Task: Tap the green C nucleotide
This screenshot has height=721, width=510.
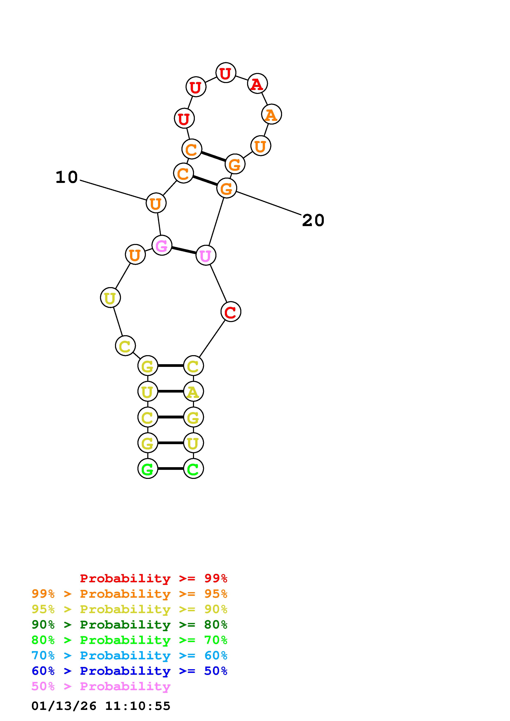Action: [x=193, y=469]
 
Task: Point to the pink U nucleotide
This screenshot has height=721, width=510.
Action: [x=206, y=255]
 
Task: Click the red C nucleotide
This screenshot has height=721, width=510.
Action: [x=231, y=312]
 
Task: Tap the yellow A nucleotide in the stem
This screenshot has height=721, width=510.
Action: [x=193, y=392]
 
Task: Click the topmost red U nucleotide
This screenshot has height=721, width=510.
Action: [x=226, y=73]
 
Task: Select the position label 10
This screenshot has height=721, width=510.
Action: [x=67, y=177]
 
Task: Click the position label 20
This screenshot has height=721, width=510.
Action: [x=313, y=221]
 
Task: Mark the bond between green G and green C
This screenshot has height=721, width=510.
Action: [x=170, y=469]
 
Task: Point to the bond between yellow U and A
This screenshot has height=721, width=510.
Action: [x=170, y=392]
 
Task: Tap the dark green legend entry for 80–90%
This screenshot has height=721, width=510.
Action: [x=129, y=625]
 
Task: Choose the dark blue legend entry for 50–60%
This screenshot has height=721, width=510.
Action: [x=129, y=671]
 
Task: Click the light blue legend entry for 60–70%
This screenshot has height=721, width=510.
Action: [x=129, y=656]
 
